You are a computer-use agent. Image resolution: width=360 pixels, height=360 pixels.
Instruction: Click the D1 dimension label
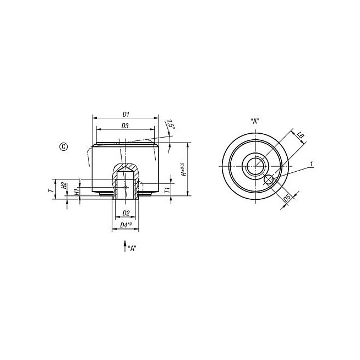coord(126,114)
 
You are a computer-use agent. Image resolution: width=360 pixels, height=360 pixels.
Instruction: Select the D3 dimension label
coord(125,126)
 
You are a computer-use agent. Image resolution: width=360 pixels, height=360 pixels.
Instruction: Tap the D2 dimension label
coord(126,213)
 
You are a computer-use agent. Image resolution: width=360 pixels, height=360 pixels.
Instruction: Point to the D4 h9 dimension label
coord(126,225)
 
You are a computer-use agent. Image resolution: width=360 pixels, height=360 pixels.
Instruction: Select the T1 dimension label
coord(167,190)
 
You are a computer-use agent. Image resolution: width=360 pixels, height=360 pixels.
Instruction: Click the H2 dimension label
coord(64,186)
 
